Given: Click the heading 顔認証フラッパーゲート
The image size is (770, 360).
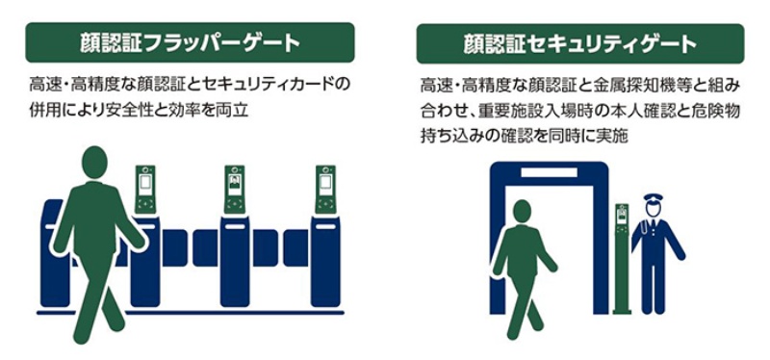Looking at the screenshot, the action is click(x=190, y=43).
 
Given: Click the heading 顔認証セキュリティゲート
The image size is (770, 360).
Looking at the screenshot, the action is click(x=579, y=44).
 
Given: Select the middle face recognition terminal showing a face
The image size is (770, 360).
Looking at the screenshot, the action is click(x=234, y=189).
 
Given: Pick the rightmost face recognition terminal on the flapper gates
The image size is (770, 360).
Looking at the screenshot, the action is click(x=325, y=189).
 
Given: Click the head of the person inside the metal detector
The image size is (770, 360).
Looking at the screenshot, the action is click(x=524, y=212).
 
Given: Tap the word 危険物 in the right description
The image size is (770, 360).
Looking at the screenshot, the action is click(x=718, y=111).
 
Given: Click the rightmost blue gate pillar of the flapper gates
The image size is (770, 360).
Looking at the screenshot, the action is click(x=325, y=260).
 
